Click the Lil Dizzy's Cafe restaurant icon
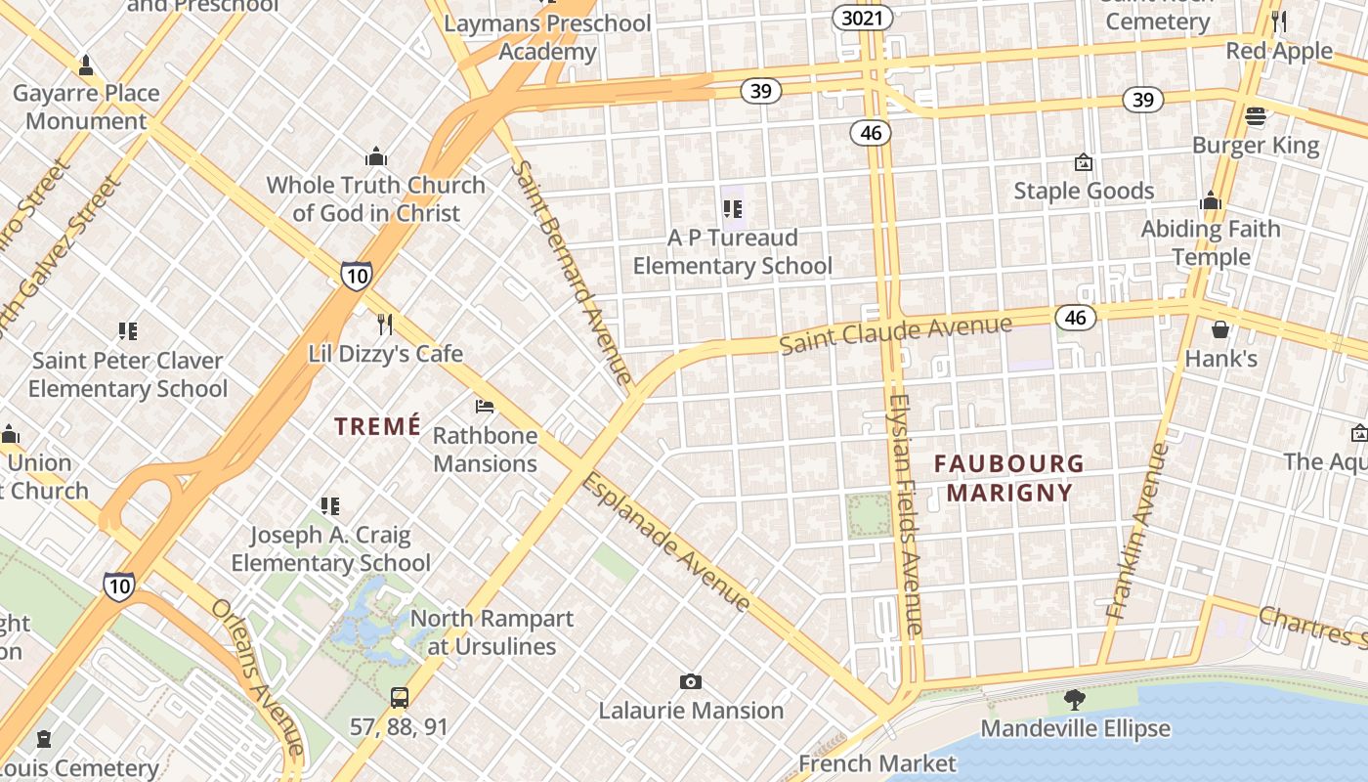pyautogui.click(x=385, y=324)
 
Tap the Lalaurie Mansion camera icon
pyautogui.click(x=691, y=681)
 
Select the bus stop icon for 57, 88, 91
pyautogui.click(x=400, y=698)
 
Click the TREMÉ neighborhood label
pyautogui.click(x=378, y=426)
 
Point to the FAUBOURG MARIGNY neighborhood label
pyautogui.click(x=1009, y=477)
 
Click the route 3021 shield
pyautogui.click(x=863, y=18)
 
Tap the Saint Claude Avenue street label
pyautogui.click(x=895, y=332)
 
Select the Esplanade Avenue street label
pyautogui.click(x=666, y=543)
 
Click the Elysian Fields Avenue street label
pyautogui.click(x=906, y=514)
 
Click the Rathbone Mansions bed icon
pyautogui.click(x=485, y=406)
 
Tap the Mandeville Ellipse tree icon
pyautogui.click(x=1075, y=700)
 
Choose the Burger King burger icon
pyautogui.click(x=1256, y=117)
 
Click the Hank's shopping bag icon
pyautogui.click(x=1220, y=329)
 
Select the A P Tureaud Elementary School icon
pyautogui.click(x=733, y=208)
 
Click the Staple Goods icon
pyautogui.click(x=1083, y=162)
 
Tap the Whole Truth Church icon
pyautogui.click(x=376, y=156)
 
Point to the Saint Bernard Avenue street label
pyautogui.click(x=573, y=272)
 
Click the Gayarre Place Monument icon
pyautogui.click(x=86, y=65)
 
